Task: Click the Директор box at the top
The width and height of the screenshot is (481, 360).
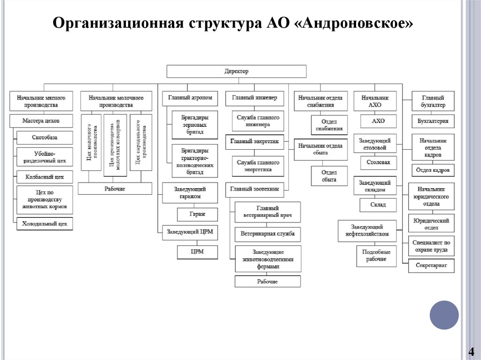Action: tap(236, 71)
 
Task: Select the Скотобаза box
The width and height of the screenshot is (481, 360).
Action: tap(45, 138)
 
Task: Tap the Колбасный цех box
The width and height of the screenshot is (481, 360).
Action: tap(45, 177)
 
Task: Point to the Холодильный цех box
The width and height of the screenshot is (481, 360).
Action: tap(45, 223)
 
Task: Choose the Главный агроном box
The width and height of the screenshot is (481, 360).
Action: tap(190, 98)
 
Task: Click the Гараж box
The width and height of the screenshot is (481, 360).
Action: tap(197, 214)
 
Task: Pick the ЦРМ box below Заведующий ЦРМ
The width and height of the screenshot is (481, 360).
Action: tap(197, 252)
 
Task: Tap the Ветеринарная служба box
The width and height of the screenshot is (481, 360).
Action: tap(268, 234)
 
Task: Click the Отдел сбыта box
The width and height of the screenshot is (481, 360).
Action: tap(329, 176)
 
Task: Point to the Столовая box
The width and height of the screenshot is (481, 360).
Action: tap(378, 163)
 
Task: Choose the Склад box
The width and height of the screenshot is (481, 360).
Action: tap(378, 205)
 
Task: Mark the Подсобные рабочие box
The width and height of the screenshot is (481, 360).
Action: tap(376, 256)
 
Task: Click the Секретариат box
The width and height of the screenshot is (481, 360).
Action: tap(431, 266)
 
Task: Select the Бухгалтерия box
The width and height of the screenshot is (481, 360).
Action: tap(433, 121)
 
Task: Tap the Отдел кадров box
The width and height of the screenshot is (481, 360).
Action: tap(433, 170)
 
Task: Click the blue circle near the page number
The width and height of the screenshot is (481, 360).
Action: tap(444, 315)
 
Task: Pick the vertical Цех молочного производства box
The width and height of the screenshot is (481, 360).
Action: tap(91, 142)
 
